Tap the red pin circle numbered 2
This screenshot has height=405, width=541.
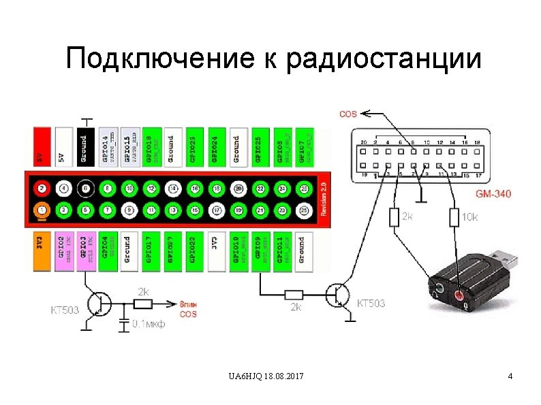pyautogui.click(x=42, y=188)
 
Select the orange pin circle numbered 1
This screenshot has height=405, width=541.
pyautogui.click(x=42, y=210)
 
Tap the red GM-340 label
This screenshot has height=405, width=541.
pyautogui.click(x=493, y=194)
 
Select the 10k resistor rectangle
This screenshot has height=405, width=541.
pyautogui.click(x=454, y=218)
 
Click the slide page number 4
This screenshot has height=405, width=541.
pyautogui.click(x=510, y=376)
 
